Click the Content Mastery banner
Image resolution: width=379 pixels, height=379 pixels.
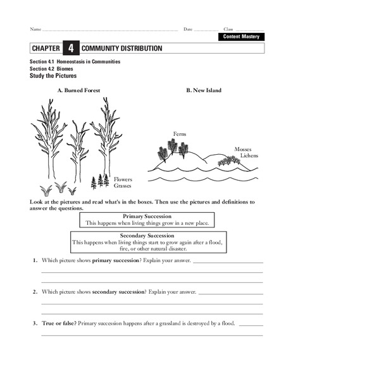(x=242, y=37)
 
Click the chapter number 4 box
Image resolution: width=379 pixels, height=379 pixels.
(x=70, y=49)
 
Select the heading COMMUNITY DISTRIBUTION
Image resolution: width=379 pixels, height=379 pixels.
(x=121, y=49)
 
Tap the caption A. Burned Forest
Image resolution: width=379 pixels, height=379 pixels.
(x=78, y=90)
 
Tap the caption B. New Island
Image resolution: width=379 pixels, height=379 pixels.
(x=204, y=90)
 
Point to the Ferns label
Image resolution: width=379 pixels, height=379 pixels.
(x=179, y=134)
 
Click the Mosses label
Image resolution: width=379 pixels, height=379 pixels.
(x=243, y=150)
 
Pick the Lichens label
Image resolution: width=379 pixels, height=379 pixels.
(x=249, y=155)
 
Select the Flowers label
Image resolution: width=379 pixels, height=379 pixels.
(x=123, y=179)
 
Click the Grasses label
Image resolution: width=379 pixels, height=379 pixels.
(x=123, y=186)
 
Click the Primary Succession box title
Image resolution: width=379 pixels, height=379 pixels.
(x=147, y=216)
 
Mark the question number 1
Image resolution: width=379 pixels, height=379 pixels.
(x=33, y=260)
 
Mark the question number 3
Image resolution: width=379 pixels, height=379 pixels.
(x=33, y=323)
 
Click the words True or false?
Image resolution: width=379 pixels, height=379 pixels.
(x=59, y=323)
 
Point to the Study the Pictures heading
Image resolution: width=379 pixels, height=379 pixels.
(x=53, y=76)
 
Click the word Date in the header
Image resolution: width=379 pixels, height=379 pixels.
(x=188, y=29)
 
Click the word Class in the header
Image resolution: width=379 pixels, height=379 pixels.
(x=228, y=29)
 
